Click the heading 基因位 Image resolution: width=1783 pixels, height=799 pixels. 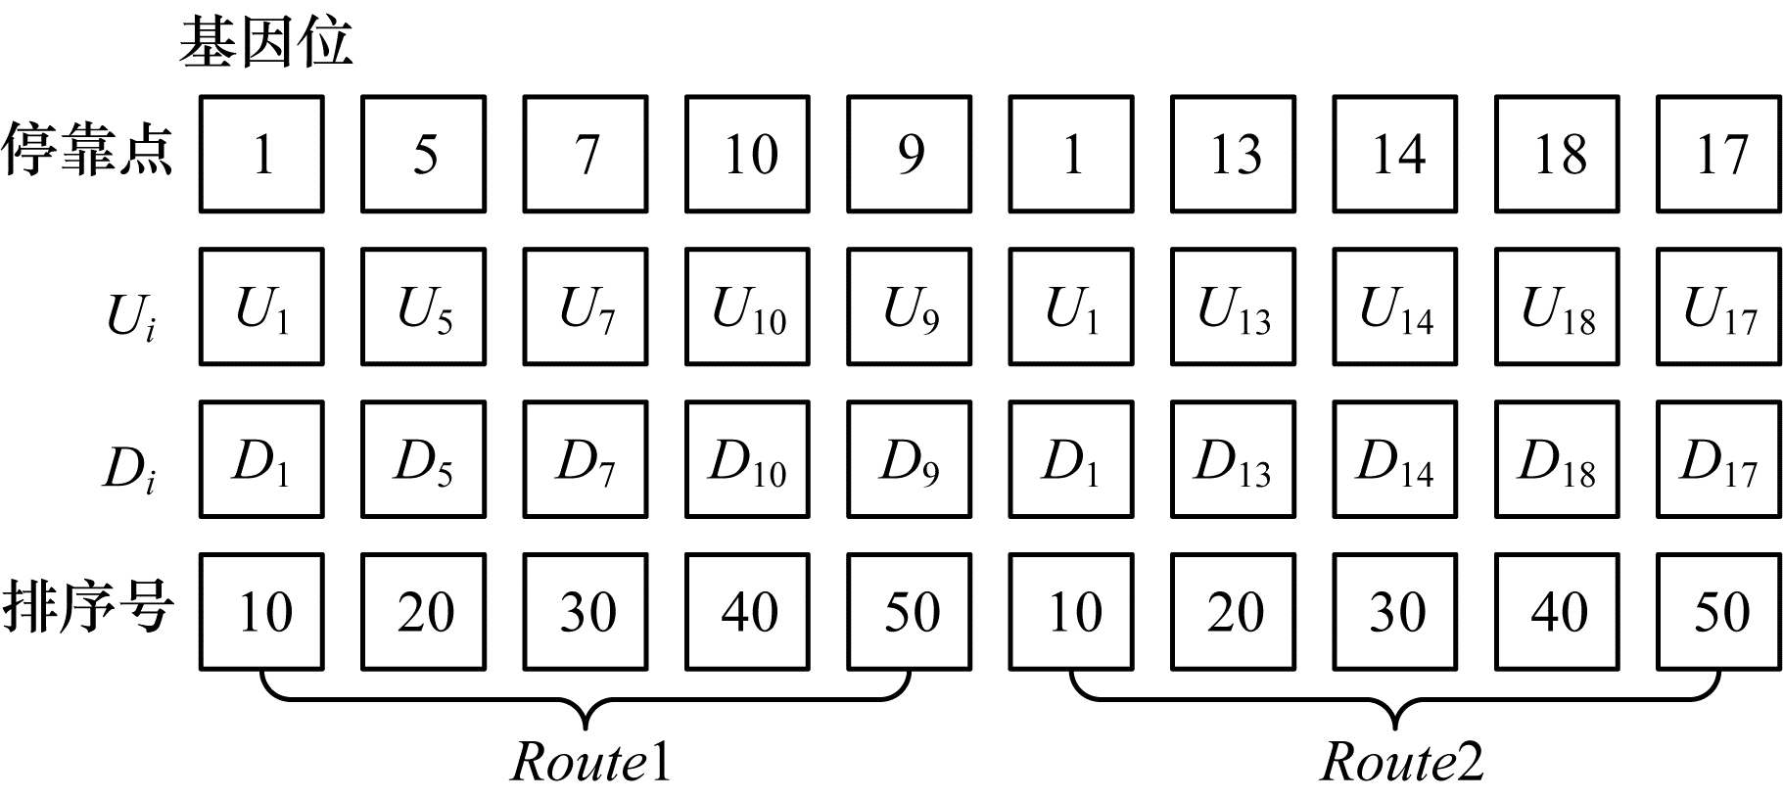pos(265,44)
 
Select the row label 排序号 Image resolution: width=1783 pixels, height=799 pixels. pos(88,609)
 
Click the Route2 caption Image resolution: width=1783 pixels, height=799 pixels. pos(1401,762)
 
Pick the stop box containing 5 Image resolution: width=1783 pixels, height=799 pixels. pos(423,154)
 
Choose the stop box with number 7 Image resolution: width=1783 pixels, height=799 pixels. pos(586,154)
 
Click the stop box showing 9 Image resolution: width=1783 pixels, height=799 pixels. pos(910,154)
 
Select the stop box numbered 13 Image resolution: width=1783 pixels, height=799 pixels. pos(1234,154)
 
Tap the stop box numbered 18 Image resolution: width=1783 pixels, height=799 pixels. pos(1557,154)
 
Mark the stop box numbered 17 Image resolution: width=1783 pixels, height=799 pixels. pos(1718,154)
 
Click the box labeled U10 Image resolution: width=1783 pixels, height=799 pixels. pos(747,306)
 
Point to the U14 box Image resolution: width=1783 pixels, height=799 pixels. pos(1395,306)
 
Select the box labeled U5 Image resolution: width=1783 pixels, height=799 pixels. pos(423,306)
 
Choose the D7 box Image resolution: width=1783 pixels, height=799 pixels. pos(586,459)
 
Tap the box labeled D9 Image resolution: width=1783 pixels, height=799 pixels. pos(910,459)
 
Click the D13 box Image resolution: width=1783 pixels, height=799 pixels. pos(1234,459)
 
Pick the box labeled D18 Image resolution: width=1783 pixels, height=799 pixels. pos(1557,459)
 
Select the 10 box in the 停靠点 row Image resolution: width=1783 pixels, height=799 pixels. pos(747,154)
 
